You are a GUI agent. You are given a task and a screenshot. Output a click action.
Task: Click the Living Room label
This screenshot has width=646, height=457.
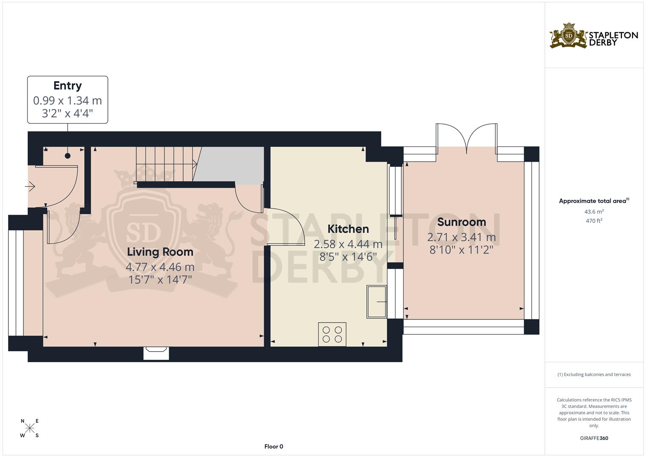click(160, 252)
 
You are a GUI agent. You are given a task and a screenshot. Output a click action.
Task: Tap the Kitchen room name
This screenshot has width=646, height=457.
click(348, 229)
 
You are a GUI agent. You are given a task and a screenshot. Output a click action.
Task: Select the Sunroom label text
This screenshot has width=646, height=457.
click(461, 222)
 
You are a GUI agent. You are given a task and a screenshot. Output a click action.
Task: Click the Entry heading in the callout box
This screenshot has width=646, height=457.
click(67, 86)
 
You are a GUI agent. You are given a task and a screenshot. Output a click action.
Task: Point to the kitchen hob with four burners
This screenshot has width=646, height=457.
click(332, 334)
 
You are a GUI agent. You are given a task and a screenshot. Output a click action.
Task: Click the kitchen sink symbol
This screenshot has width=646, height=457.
click(376, 302)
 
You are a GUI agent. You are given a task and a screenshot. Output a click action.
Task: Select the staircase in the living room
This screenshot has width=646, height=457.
click(165, 164)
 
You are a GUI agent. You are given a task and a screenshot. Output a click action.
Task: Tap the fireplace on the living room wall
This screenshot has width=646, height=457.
click(156, 352)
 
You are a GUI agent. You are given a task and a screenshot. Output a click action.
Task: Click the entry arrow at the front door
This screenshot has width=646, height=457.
click(30, 186)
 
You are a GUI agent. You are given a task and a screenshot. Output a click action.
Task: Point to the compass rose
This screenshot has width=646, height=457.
click(30, 428)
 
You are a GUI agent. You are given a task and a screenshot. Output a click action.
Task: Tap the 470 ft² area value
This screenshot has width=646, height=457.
click(594, 220)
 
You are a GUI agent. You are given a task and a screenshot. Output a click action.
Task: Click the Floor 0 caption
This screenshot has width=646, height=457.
click(273, 446)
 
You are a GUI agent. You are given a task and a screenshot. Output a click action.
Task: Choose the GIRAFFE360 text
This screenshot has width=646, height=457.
click(594, 438)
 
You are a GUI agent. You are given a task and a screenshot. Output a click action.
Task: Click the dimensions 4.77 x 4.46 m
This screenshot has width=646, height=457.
click(160, 267)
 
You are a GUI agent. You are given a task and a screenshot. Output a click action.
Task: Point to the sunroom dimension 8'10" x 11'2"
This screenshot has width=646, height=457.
click(461, 250)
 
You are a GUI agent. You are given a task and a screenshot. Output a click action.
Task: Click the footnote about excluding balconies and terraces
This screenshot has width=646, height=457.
click(594, 374)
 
